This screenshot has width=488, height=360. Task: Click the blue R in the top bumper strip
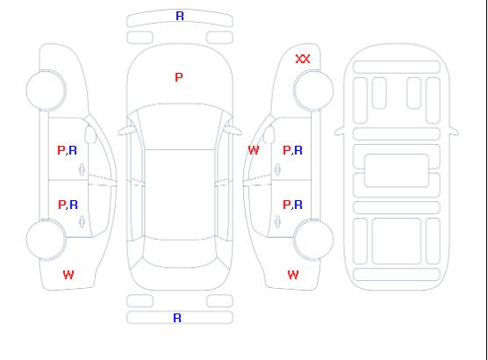(180, 16)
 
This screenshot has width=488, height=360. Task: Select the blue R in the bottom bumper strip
(177, 318)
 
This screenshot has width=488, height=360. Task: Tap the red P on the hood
(179, 77)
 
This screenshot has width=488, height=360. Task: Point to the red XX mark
(303, 59)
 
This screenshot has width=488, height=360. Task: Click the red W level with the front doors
(254, 150)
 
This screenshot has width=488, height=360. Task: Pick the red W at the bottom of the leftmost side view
(68, 275)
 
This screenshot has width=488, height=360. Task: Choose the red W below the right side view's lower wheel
(293, 275)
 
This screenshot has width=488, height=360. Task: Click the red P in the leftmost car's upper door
(61, 150)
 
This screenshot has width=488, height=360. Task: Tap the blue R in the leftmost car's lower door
(74, 205)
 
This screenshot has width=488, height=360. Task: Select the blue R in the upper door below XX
(298, 150)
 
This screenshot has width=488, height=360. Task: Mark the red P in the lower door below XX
(286, 205)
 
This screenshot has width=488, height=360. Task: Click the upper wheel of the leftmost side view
(46, 90)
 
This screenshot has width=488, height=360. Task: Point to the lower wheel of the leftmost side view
(46, 240)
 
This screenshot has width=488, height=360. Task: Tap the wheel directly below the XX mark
(313, 90)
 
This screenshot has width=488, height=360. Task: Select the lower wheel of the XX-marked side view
(313, 240)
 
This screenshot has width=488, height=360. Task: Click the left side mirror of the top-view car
(126, 131)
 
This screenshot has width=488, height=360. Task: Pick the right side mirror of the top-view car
(233, 131)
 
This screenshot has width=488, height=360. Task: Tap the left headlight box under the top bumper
(140, 38)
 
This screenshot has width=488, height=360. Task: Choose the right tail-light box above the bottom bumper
(219, 301)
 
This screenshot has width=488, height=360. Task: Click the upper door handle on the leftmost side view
(83, 169)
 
